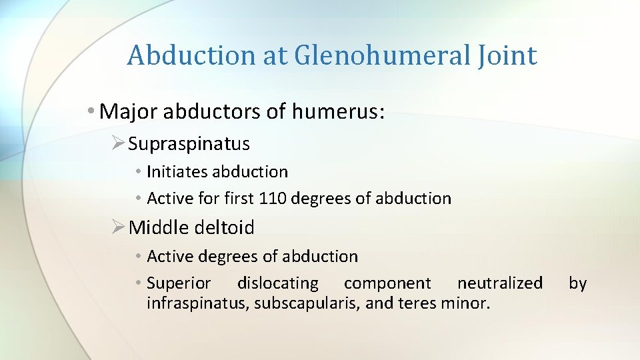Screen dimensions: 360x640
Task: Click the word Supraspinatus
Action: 189,143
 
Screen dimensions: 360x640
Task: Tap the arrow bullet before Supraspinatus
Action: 119,143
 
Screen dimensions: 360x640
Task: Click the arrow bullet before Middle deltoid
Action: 119,227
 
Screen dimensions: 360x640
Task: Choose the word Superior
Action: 179,283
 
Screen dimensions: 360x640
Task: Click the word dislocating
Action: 278,283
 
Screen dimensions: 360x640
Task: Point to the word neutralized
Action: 500,283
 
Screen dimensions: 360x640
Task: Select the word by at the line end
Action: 577,283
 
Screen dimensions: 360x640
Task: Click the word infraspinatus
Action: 189,305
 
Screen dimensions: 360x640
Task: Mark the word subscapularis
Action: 285,305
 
